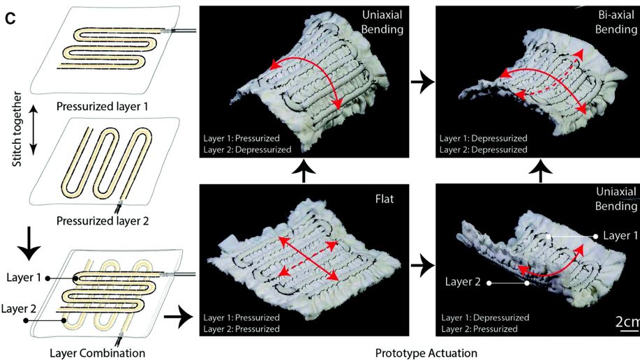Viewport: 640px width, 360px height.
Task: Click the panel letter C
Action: (x=10, y=19)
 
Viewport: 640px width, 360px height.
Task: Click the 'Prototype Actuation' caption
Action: (x=426, y=352)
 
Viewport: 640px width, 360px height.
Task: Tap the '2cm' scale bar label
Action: (x=627, y=322)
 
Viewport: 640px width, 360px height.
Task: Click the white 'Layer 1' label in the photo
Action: (x=620, y=236)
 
